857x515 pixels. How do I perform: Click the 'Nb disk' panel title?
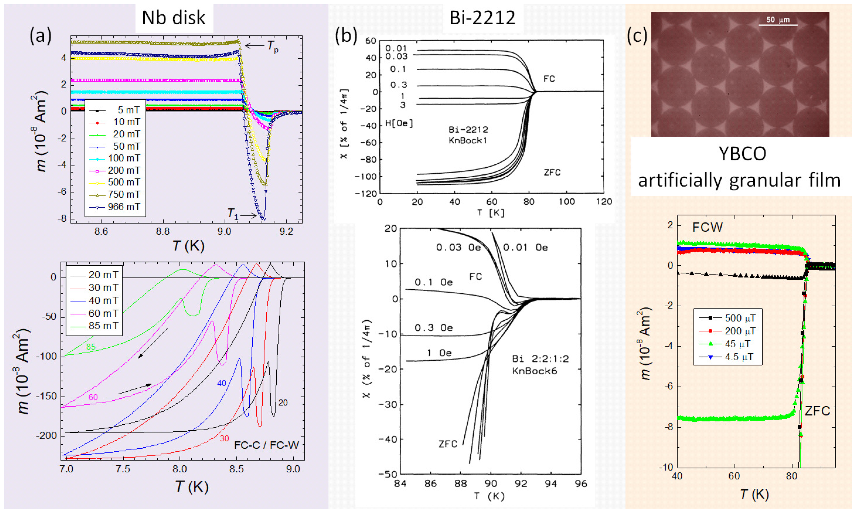coord(174,18)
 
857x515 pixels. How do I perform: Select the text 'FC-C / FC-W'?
coord(266,445)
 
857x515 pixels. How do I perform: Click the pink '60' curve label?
coord(93,397)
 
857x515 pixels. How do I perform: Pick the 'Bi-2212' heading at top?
coord(482,18)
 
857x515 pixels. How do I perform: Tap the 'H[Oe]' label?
coord(399,123)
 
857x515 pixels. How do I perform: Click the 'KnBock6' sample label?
coord(534,371)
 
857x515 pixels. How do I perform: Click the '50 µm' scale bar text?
coord(778,20)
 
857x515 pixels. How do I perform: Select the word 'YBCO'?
coord(742,154)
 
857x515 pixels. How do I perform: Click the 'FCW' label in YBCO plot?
coord(707,227)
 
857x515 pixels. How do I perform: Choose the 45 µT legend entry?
coord(737,344)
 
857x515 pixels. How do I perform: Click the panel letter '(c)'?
coord(637,36)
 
